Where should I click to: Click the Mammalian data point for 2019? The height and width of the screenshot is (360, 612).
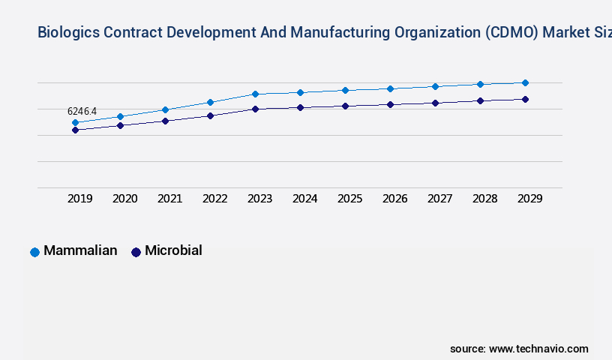point(75,122)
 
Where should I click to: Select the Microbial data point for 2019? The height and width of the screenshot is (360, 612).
point(75,130)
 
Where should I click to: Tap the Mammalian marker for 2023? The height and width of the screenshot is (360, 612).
point(255,94)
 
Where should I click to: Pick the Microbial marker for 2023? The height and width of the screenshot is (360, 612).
point(255,109)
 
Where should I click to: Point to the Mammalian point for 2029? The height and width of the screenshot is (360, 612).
point(525,82)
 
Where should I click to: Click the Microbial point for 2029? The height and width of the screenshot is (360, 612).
point(525,99)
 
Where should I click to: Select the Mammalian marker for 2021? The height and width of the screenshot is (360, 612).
point(165,109)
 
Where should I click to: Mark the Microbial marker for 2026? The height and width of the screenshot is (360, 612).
point(390,104)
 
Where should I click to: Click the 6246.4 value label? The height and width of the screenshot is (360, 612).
point(82,111)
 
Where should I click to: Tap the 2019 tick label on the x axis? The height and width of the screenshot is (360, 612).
point(80,199)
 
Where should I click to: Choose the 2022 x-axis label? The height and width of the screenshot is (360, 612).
point(215,199)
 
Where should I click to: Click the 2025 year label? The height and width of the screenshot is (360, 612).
point(350,199)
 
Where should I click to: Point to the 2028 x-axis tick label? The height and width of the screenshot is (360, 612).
point(485,199)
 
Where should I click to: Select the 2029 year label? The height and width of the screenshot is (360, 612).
point(530,199)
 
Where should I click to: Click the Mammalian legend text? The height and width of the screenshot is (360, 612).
point(80,250)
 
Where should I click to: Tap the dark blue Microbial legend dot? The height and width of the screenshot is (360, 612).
point(136,252)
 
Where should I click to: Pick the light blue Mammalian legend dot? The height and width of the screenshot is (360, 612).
point(34,252)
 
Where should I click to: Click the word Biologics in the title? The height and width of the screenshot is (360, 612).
point(68,32)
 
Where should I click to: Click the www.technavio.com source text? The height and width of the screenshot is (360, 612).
point(538,349)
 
